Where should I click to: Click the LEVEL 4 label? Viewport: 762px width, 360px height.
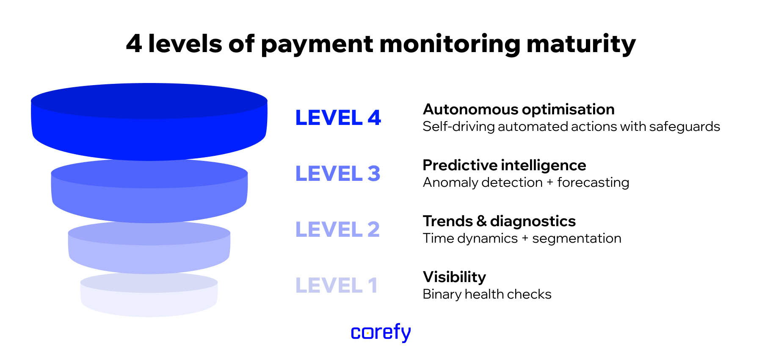pos(338,118)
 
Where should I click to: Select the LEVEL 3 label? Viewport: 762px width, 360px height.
pos(337,174)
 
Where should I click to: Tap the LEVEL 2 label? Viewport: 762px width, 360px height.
pos(337,230)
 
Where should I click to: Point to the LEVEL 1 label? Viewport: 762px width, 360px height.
pos(336,285)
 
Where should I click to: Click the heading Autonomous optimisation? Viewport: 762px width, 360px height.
pos(519,109)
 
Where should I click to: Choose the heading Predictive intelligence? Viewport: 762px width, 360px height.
pos(504,165)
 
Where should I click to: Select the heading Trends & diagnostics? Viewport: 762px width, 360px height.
pos(499,221)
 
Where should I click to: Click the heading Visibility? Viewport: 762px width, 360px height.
pos(454,277)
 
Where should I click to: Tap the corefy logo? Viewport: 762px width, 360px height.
pos(381,332)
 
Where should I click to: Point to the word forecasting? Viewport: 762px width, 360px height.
pos(593,183)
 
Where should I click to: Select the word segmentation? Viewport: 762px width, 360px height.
pos(577,238)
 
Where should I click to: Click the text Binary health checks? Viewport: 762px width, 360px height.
pos(487,294)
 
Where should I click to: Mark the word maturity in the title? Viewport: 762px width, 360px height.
pos(581,44)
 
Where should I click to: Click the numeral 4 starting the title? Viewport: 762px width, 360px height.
pos(134,44)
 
